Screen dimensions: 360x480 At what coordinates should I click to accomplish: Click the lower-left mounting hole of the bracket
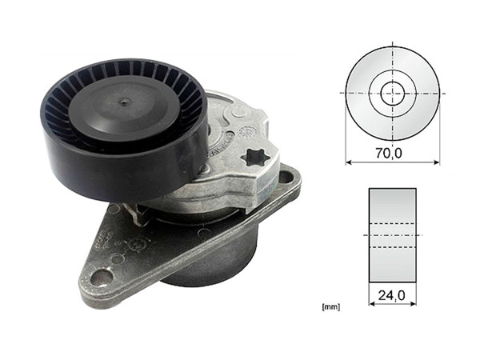[x=102, y=278]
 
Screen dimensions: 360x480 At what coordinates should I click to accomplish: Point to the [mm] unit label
[x=328, y=306]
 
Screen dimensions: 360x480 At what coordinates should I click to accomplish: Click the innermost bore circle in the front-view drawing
[x=393, y=93]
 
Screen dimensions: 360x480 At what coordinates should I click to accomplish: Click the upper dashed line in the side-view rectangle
[x=393, y=222]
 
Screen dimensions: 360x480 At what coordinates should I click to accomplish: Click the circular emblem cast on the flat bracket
[x=141, y=240]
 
